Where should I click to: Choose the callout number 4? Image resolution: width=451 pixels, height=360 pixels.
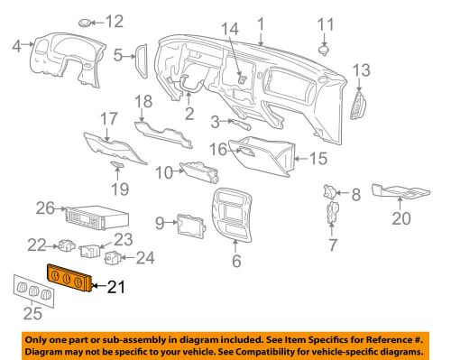(x=14, y=43)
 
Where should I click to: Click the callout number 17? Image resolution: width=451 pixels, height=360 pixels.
(x=107, y=117)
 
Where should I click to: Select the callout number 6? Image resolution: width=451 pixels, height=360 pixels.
(x=237, y=262)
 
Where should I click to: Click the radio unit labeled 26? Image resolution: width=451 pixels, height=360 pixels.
(x=96, y=218)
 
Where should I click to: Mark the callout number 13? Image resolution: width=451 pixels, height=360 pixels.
(x=361, y=69)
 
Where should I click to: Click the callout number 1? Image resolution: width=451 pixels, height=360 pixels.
(x=262, y=21)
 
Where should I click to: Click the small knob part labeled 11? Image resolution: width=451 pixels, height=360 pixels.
(x=326, y=41)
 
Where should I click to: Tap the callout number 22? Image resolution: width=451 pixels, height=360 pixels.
(x=35, y=244)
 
